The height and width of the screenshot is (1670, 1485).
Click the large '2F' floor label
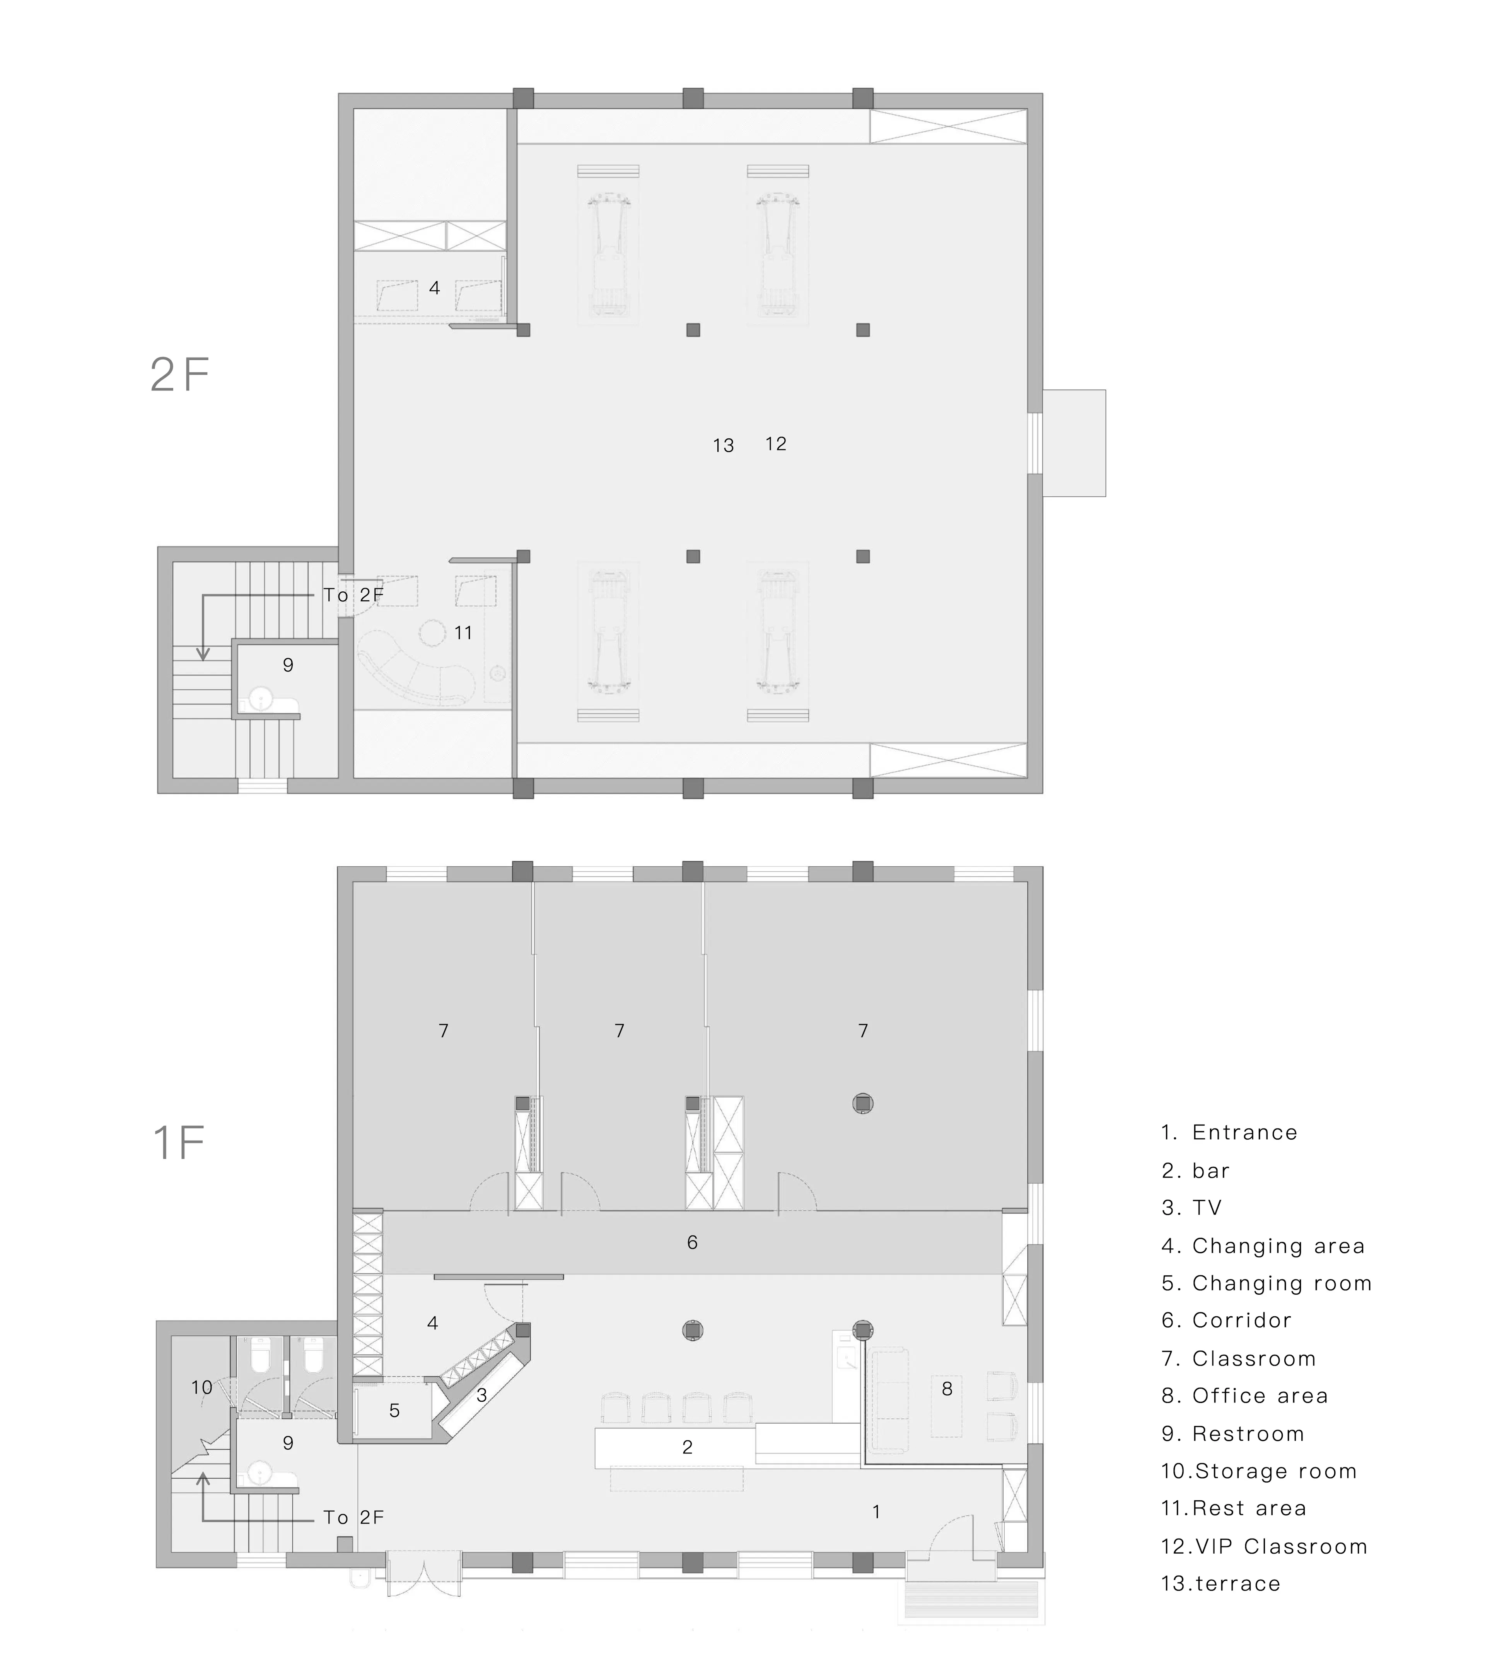click(180, 375)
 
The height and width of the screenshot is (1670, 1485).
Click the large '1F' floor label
click(178, 1142)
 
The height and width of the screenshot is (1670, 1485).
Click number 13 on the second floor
click(723, 445)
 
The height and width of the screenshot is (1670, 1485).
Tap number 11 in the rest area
click(463, 632)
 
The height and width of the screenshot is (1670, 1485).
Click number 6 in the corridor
click(692, 1243)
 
